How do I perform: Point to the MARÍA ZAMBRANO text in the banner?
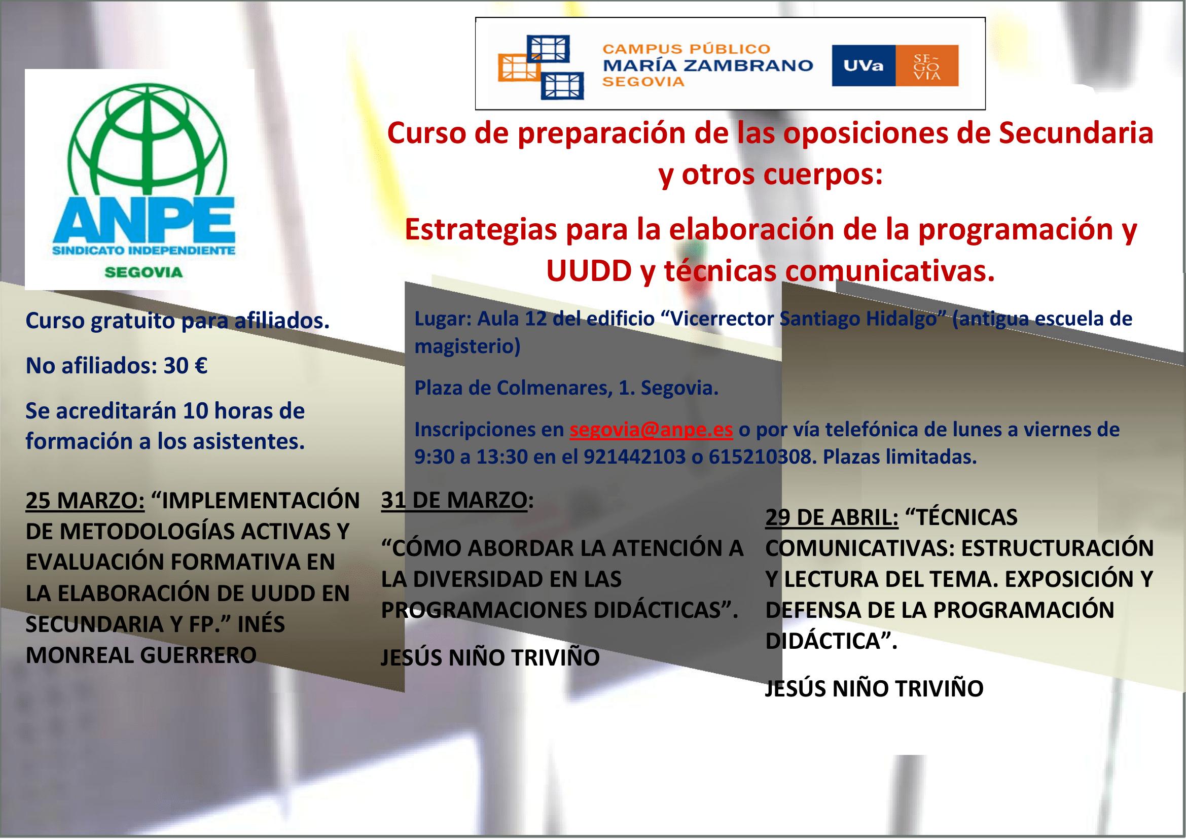(x=708, y=65)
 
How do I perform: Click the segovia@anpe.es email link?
(x=652, y=429)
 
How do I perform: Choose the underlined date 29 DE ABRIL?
(x=832, y=518)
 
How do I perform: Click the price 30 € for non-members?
(x=186, y=366)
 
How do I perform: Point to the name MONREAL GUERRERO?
(x=141, y=655)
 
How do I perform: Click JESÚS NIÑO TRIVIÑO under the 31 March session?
(x=490, y=658)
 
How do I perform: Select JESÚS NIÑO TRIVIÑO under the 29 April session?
(x=874, y=688)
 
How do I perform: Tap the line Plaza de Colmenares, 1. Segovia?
(x=567, y=389)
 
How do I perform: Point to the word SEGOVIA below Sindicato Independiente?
(x=143, y=272)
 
